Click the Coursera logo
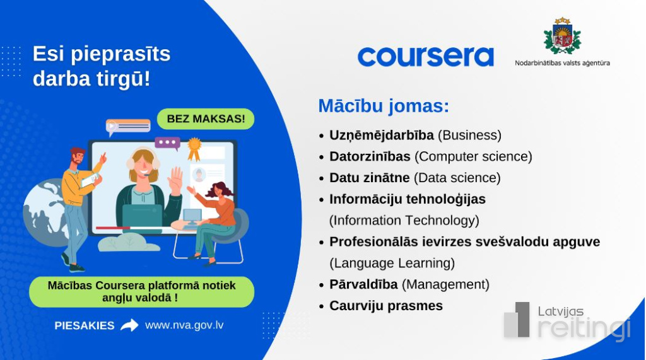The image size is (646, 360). tap(426, 57)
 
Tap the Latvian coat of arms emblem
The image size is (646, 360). tap(562, 36)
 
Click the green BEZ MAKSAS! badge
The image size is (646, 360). tap(206, 119)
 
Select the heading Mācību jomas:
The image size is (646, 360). tap(384, 106)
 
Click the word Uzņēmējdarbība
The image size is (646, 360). tap(382, 136)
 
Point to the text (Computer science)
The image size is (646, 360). tap(473, 156)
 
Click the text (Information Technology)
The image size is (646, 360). tap(404, 221)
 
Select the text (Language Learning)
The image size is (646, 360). tap(392, 263)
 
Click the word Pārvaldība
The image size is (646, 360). tap(363, 284)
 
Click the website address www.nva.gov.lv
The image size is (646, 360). tap(184, 325)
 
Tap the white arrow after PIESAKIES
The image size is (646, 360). tap(129, 325)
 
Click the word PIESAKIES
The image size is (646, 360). tap(85, 325)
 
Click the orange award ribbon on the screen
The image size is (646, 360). tap(194, 149)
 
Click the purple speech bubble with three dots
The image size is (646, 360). tap(168, 143)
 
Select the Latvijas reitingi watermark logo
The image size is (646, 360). tap(567, 322)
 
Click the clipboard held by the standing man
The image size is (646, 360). tap(90, 180)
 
